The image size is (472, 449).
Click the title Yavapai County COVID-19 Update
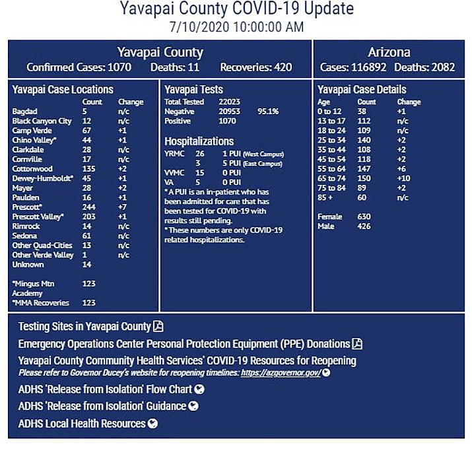[236, 9]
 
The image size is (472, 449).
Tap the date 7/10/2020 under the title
[198, 27]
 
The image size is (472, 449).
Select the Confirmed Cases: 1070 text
[79, 67]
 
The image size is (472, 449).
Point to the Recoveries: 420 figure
[255, 67]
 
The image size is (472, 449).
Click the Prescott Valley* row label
[38, 217]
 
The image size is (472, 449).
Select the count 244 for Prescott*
[88, 207]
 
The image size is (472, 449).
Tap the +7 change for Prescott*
[123, 207]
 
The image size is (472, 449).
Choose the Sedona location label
[24, 236]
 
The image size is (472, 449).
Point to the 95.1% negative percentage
[268, 112]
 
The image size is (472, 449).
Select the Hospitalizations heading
[199, 141]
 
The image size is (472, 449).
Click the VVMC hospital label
[174, 173]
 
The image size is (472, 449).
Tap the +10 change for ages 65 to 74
[405, 178]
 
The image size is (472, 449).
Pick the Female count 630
[364, 217]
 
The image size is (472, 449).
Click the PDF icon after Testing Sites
[158, 326]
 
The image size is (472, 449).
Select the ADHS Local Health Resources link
[82, 423]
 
